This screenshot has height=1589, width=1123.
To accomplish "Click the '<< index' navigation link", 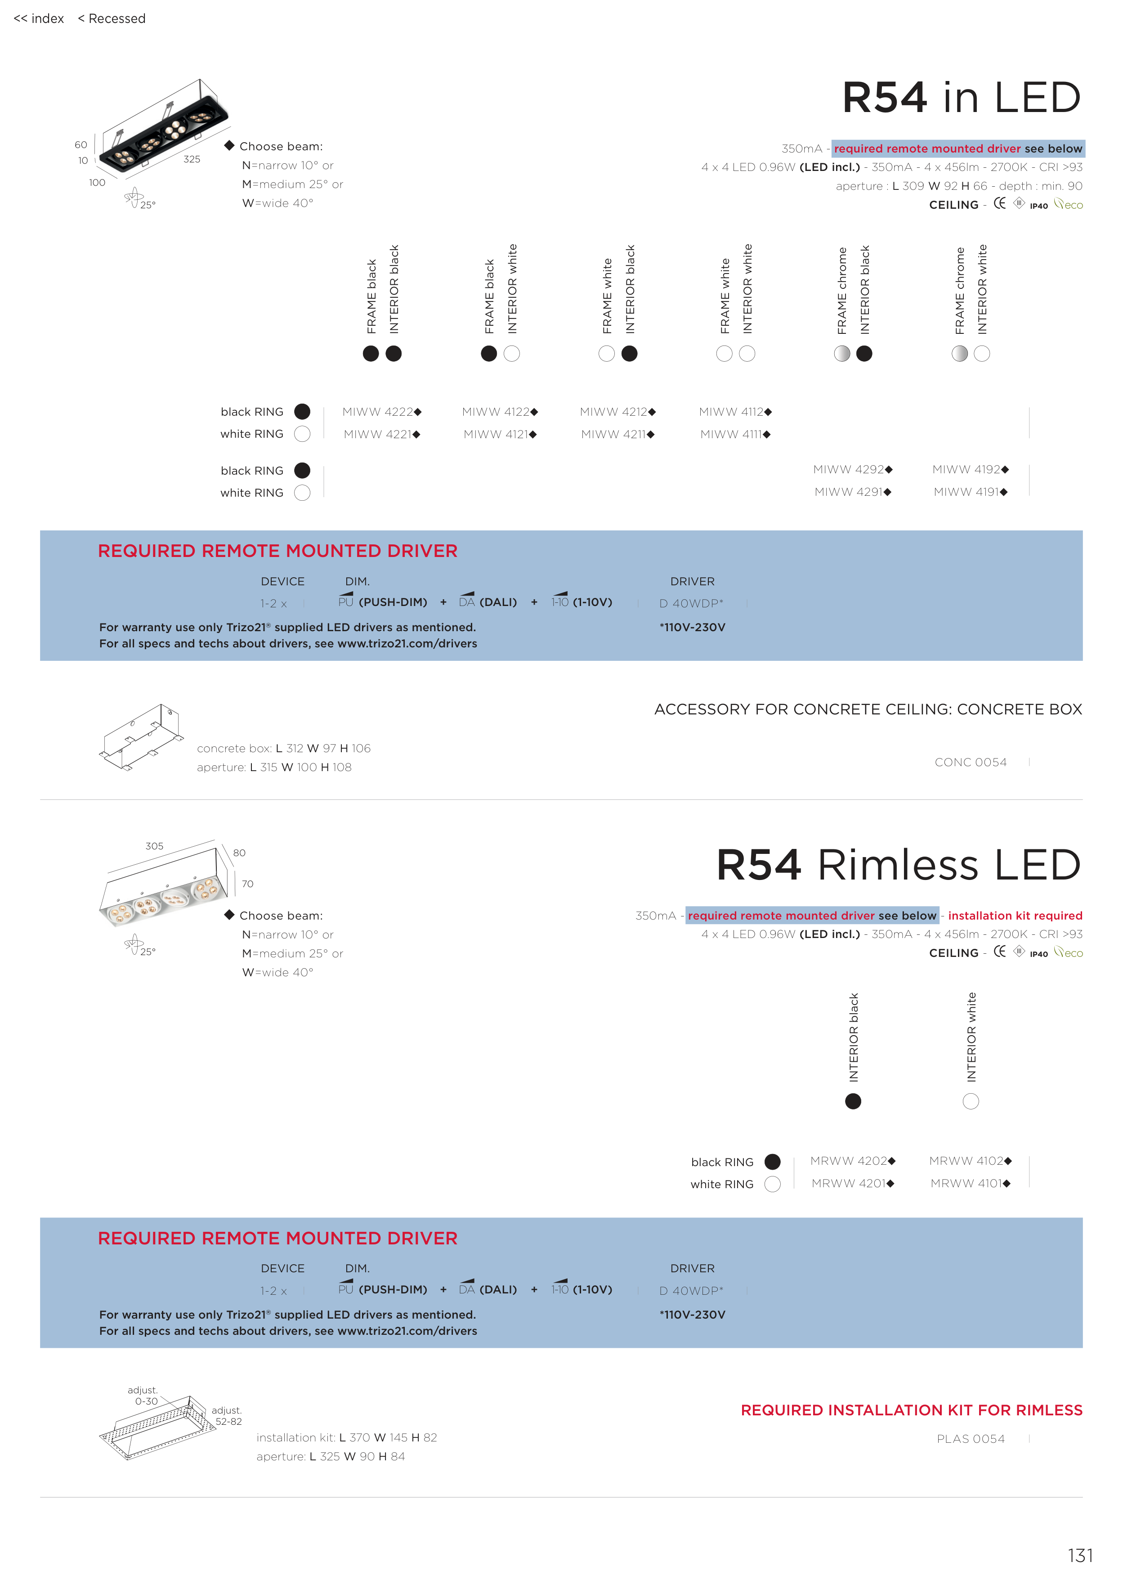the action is [39, 19].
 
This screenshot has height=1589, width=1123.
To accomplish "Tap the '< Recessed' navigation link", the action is [112, 19].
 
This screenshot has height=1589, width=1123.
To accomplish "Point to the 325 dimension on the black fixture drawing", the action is [192, 159].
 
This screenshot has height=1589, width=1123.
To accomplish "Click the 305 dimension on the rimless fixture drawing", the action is [154, 846].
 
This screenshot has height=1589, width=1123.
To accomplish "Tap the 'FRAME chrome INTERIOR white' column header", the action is [971, 289].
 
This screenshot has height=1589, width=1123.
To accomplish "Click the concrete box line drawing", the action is [141, 737].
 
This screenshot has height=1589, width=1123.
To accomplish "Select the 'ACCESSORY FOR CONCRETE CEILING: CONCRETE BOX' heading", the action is [868, 709].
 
